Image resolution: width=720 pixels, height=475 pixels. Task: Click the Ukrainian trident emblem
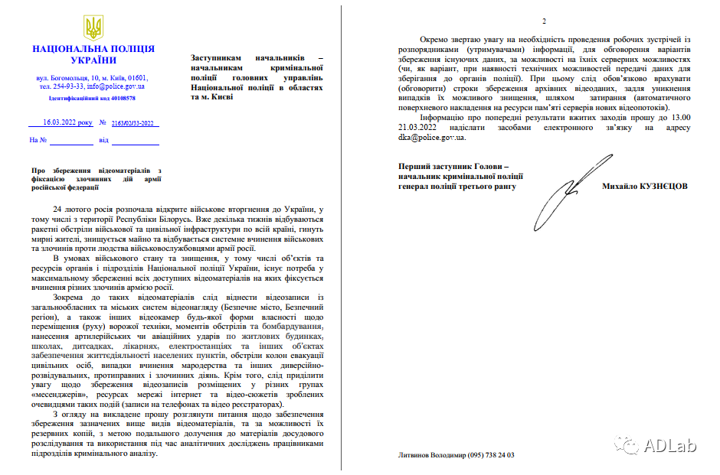tap(93, 28)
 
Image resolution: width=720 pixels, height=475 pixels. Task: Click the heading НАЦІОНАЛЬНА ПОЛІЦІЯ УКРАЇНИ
tap(93, 54)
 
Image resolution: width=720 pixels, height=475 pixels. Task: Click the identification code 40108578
tap(121, 99)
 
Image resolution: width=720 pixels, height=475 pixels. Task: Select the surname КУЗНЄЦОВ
tap(661, 186)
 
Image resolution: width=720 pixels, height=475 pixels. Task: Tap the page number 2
tap(544, 20)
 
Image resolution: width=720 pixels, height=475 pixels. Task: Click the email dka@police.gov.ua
tap(431, 138)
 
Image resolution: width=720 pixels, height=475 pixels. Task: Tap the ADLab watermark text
tap(672, 446)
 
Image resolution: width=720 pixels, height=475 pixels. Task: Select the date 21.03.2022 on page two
tap(422, 128)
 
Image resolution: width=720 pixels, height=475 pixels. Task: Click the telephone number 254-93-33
tap(67, 86)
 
